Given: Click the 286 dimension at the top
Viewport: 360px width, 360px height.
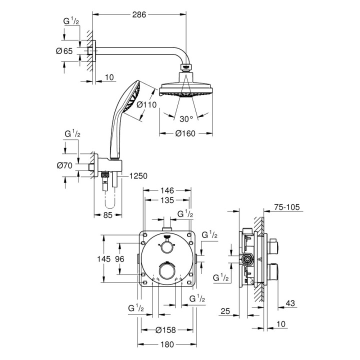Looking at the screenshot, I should click(139, 15).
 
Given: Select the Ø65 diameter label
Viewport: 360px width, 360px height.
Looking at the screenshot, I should click(65, 51).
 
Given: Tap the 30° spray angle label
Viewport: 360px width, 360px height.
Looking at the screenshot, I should click(186, 119).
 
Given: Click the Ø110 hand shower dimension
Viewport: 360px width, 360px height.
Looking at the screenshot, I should click(146, 104).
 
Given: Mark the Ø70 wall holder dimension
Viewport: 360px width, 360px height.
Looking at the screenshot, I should click(65, 165).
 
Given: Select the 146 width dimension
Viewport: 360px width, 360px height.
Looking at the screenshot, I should click(167, 190).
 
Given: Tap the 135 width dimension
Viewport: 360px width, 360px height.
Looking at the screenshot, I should click(167, 200).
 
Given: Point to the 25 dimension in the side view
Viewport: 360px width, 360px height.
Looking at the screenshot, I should click(225, 312).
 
